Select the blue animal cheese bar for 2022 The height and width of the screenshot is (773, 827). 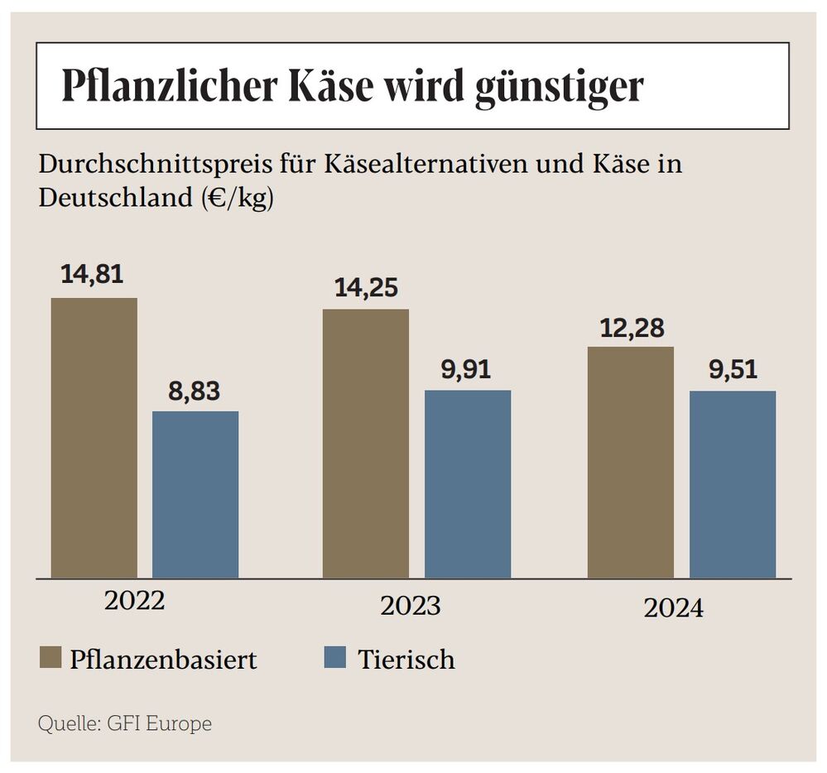click(x=195, y=494)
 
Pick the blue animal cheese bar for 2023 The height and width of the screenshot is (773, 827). click(x=467, y=483)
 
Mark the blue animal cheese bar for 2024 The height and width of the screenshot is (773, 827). click(x=732, y=484)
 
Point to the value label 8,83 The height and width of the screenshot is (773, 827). click(x=195, y=391)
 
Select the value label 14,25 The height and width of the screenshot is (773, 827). click(x=366, y=288)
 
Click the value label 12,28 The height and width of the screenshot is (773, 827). click(x=632, y=328)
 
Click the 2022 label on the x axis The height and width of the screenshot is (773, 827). click(x=135, y=600)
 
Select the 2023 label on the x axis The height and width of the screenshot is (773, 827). click(x=410, y=606)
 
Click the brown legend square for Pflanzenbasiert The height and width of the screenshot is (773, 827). click(x=50, y=659)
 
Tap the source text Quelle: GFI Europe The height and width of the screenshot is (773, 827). click(x=125, y=724)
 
